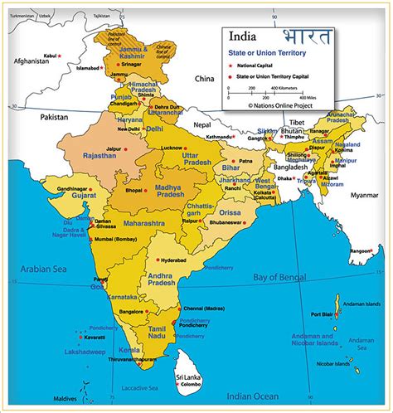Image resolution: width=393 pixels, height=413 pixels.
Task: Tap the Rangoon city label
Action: coord(360,251)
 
